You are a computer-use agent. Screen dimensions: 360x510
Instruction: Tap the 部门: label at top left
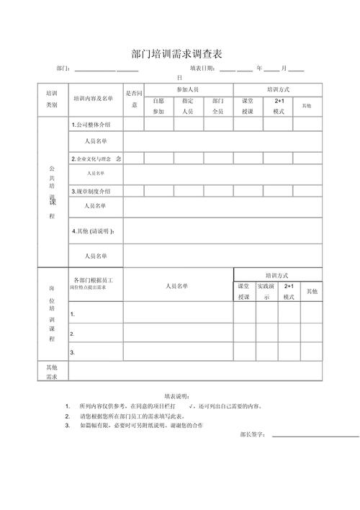[63, 68]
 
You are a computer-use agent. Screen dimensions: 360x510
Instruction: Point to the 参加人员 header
[187, 89]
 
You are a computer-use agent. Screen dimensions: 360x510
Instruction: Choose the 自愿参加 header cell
[159, 107]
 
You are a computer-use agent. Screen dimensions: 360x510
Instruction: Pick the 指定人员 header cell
[187, 107]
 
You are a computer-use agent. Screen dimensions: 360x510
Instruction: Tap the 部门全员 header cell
[217, 107]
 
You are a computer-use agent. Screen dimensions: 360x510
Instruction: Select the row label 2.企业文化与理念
[96, 158]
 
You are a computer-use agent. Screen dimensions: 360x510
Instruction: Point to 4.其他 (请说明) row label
[93, 231]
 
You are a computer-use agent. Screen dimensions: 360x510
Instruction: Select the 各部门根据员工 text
[94, 278]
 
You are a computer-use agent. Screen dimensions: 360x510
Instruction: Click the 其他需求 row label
[52, 372]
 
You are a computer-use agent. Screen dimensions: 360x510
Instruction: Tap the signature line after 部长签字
[315, 436]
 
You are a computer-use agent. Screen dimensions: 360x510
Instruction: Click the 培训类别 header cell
[52, 99]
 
